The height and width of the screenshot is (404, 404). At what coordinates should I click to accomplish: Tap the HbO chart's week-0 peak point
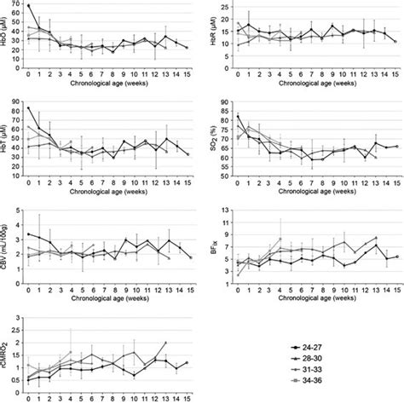[29, 6]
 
